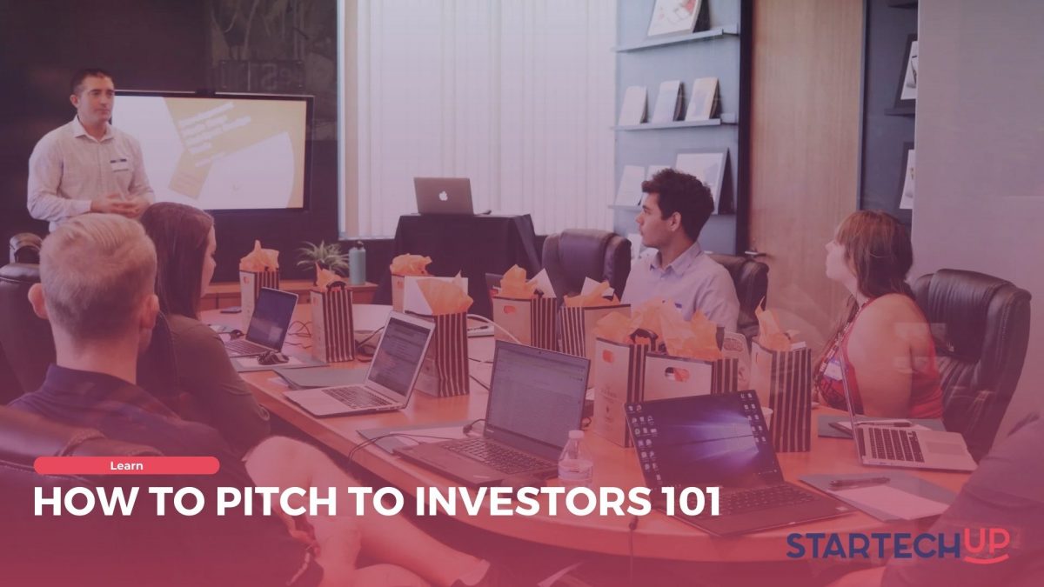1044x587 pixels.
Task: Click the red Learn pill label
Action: click(127, 465)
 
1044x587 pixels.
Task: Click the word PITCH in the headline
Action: click(276, 502)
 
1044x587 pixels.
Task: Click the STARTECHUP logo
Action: click(898, 545)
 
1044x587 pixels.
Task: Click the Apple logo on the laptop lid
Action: click(443, 195)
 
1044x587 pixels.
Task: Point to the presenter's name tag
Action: click(119, 164)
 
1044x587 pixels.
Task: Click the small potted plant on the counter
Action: click(324, 258)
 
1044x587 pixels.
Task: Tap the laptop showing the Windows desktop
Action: click(732, 461)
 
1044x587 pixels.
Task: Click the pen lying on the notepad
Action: click(859, 482)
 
